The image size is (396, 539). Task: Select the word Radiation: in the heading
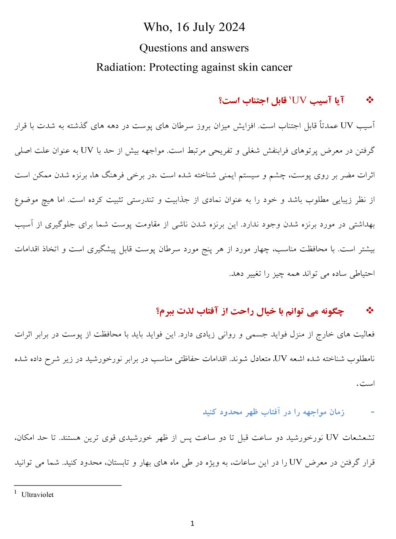(x=120, y=67)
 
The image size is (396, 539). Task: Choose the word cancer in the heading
(x=276, y=67)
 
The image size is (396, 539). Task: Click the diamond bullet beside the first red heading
(x=370, y=100)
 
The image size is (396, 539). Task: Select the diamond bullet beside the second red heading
(x=370, y=311)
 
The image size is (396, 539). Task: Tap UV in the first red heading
(x=299, y=101)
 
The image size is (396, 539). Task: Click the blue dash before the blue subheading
(x=372, y=412)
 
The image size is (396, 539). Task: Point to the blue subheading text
(x=273, y=412)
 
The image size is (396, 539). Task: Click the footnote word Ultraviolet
(x=37, y=495)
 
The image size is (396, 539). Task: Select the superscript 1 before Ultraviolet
(x=15, y=492)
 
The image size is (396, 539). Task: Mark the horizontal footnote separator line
(x=67, y=485)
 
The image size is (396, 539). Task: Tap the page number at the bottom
(x=192, y=524)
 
